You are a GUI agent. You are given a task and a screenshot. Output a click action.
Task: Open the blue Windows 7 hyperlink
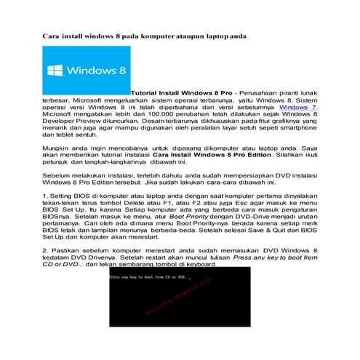[x=301, y=107]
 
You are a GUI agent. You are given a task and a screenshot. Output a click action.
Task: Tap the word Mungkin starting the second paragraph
[x=55, y=148]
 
